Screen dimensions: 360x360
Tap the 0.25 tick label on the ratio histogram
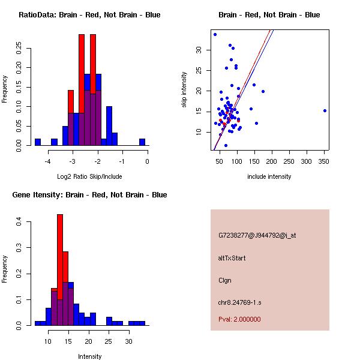(x=19, y=49)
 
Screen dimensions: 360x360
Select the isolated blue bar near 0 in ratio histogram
(x=142, y=142)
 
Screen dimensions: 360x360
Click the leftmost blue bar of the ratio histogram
(x=37, y=142)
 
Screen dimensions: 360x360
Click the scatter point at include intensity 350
(x=325, y=110)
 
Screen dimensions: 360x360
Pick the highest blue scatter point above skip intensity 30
(x=215, y=34)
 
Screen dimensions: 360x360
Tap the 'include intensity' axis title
(x=269, y=177)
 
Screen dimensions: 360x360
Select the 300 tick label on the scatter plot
(x=307, y=161)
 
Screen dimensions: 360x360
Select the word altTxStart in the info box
(x=232, y=258)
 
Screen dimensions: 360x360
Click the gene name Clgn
(x=225, y=280)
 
